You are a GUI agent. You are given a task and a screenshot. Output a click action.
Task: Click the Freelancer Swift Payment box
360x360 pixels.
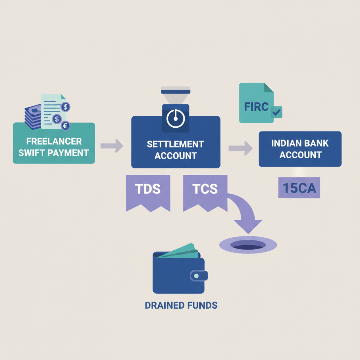pyautogui.click(x=54, y=147)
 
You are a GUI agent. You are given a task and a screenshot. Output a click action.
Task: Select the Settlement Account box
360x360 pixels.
pyautogui.click(x=175, y=149)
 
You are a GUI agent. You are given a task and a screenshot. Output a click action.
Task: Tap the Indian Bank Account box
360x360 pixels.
pyautogui.click(x=300, y=149)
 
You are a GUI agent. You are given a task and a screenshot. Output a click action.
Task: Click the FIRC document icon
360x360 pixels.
pyautogui.click(x=256, y=103)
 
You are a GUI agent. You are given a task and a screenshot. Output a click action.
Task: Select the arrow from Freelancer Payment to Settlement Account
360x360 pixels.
pyautogui.click(x=111, y=145)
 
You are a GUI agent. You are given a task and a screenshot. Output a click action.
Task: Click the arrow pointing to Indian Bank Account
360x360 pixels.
pyautogui.click(x=240, y=148)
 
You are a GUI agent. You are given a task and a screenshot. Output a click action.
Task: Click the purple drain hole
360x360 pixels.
pyautogui.click(x=248, y=244)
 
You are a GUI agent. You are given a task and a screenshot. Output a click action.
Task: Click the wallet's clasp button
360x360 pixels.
pyautogui.click(x=196, y=276)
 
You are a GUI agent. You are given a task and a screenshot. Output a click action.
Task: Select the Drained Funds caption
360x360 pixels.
pyautogui.click(x=181, y=305)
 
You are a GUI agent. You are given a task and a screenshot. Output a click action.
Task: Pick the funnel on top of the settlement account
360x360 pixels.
pyautogui.click(x=175, y=95)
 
